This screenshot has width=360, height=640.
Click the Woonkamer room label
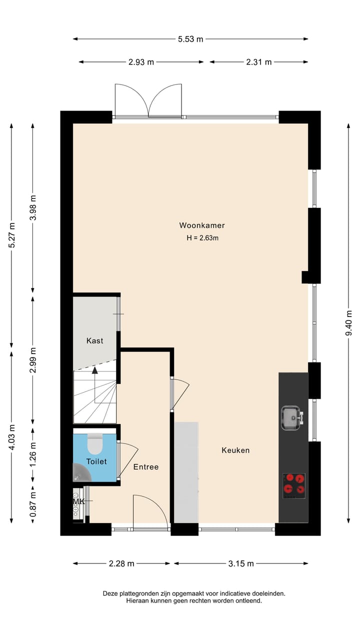[x=202, y=225]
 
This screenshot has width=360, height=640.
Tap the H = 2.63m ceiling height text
[x=202, y=238]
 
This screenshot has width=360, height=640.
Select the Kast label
[x=94, y=340]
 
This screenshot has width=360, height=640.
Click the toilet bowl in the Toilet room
[x=95, y=442]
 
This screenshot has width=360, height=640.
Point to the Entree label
[x=146, y=467]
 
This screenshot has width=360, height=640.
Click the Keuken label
[x=235, y=450]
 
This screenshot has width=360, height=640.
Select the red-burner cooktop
[x=294, y=485]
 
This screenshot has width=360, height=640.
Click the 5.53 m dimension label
[x=190, y=39]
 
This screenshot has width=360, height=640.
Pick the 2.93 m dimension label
[x=141, y=62]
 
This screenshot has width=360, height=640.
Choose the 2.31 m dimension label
[x=259, y=62]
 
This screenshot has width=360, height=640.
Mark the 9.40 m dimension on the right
[x=348, y=323]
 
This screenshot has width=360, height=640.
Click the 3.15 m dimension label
[x=241, y=563]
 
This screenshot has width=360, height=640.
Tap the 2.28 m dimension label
[x=121, y=563]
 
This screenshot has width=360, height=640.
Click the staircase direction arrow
[x=94, y=370]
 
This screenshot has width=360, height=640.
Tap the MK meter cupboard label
[x=78, y=501]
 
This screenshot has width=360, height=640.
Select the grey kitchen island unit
[x=186, y=472]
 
